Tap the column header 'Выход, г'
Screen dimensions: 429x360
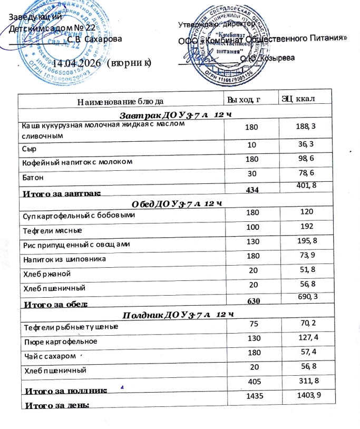pyautogui.click(x=244, y=99)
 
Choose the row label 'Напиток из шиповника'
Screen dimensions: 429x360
pyautogui.click(x=65, y=259)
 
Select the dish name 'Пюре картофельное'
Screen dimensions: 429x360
pyautogui.click(x=51, y=341)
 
